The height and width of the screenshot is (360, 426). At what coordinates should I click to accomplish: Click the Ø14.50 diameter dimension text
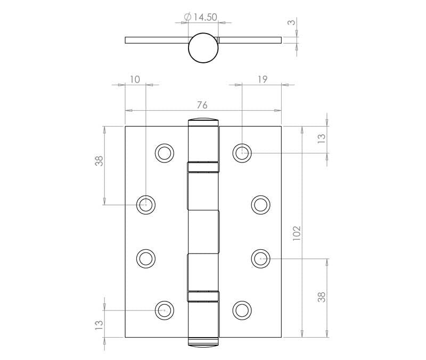point(200,17)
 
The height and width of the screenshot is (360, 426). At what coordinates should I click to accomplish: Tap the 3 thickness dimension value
point(291,23)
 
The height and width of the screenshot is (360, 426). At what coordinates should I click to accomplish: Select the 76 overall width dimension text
point(202,104)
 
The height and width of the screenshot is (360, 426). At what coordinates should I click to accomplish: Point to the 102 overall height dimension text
point(297,232)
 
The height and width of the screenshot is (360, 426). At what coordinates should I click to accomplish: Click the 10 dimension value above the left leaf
point(135,79)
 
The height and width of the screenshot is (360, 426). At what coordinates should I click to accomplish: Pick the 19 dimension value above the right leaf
point(261,79)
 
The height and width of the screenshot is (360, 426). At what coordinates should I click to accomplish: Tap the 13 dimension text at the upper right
point(321,139)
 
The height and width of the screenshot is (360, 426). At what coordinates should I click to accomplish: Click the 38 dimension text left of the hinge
point(99,161)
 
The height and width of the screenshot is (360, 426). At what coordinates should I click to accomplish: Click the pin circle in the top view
point(203,47)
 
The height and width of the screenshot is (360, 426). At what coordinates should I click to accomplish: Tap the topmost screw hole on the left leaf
point(165,152)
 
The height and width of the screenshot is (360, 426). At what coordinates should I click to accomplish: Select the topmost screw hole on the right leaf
point(242,152)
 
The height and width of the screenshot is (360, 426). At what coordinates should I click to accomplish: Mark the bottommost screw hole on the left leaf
point(165,309)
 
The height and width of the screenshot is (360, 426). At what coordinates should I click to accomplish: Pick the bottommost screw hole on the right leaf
point(242,309)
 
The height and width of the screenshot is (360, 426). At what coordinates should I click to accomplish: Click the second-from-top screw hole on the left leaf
point(145,204)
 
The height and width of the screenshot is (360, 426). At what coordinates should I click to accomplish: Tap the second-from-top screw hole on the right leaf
point(260,204)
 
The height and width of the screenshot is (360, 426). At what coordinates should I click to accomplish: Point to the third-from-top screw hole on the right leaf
point(260,258)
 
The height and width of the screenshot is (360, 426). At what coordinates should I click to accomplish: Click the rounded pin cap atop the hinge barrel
point(203,120)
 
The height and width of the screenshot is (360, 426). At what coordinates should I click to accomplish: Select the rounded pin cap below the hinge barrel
point(203,342)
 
